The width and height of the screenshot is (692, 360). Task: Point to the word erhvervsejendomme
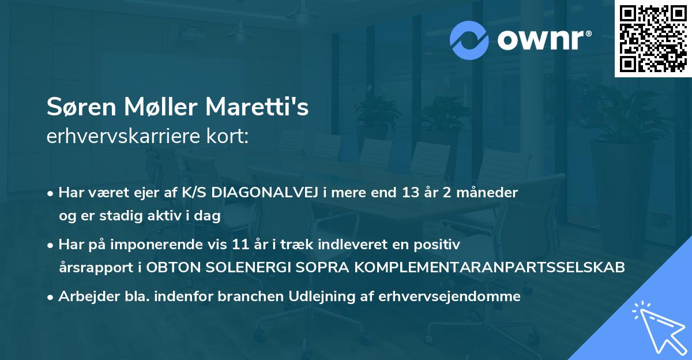click(x=450, y=297)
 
